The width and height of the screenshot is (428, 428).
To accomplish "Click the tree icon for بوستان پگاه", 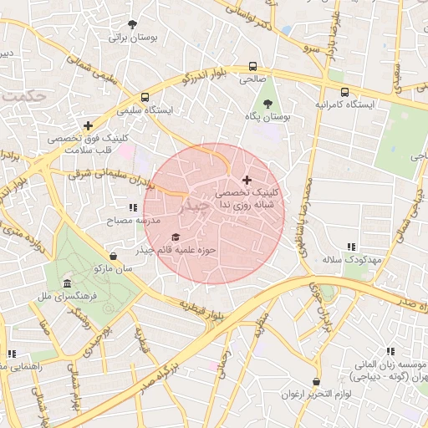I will click(267, 104).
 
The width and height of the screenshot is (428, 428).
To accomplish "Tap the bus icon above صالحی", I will click(252, 66).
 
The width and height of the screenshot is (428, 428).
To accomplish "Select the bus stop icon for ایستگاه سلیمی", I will click(145, 96).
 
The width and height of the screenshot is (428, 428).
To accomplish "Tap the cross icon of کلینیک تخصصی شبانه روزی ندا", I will click(246, 180).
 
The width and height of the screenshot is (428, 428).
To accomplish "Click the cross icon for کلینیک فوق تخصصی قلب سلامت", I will click(88, 125).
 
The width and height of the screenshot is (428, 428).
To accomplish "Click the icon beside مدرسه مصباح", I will click(132, 207).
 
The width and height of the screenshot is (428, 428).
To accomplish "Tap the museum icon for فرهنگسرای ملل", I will click(67, 284).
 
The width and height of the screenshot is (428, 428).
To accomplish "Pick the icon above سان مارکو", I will click(114, 256).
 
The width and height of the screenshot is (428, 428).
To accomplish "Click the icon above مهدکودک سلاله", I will click(351, 247).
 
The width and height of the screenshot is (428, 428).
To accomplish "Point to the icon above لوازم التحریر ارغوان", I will click(316, 381).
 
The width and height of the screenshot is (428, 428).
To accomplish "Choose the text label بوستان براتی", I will click(133, 38).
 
